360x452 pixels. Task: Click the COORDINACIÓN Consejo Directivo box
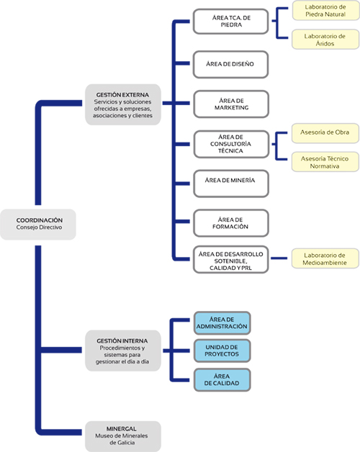click(38, 225)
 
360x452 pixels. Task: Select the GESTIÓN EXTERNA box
click(123, 104)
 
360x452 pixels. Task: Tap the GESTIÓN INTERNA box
click(123, 351)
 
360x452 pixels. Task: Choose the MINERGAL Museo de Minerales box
click(123, 436)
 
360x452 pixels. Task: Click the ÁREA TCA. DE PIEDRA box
click(231, 22)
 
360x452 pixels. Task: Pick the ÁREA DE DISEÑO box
click(231, 64)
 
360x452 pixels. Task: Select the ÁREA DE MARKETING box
click(231, 104)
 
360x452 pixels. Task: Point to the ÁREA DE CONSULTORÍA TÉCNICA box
click(231, 144)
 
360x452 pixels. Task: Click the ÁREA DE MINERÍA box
click(231, 184)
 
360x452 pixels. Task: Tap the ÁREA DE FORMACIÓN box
click(231, 223)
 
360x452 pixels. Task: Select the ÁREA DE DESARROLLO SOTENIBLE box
click(231, 259)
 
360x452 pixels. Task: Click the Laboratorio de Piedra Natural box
click(325, 10)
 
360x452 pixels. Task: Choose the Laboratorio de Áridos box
click(325, 39)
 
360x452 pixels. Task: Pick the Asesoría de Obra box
click(325, 133)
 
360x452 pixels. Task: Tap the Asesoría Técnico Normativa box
click(325, 162)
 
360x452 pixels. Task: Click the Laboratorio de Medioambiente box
click(325, 258)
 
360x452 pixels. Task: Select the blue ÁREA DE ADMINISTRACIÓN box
click(222, 323)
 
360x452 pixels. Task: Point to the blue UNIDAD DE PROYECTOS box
click(222, 351)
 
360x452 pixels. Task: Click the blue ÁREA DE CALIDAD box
click(222, 379)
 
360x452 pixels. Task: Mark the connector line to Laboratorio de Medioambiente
click(279, 258)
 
